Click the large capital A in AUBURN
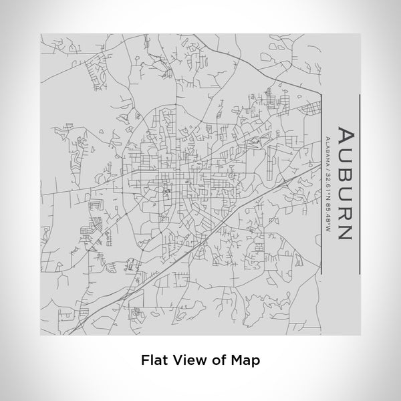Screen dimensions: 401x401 click(345, 134)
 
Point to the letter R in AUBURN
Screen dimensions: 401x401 click(345, 211)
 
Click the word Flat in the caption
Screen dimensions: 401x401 click(154, 359)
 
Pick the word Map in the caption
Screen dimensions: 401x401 click(247, 359)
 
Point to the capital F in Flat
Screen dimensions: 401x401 click(145, 359)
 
